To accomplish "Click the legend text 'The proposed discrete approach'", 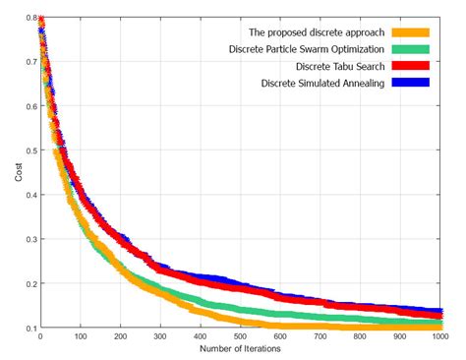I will point(303,31).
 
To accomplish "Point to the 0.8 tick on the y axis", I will point(29,19).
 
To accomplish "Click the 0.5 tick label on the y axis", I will point(29,151).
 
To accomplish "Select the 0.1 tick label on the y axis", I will point(29,328).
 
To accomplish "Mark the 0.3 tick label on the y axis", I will point(29,239).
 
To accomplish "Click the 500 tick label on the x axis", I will point(241,336).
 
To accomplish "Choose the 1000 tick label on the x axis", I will point(440,336).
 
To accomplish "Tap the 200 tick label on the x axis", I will point(120,336).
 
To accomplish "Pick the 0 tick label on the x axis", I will point(40,336).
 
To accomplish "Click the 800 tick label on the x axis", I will point(361,336).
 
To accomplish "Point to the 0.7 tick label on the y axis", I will point(29,63).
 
